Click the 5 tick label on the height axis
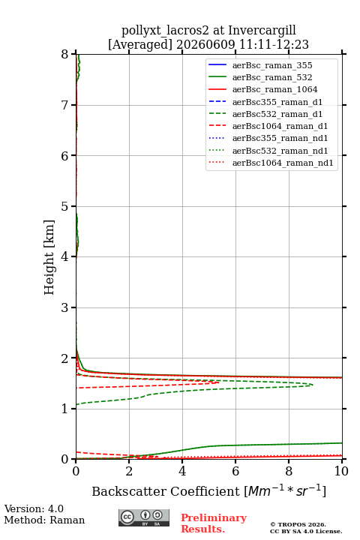65,206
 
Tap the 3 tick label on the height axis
65,307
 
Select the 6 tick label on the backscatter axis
235,471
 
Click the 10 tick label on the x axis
341,471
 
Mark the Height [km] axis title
49,257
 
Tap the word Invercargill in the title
262,30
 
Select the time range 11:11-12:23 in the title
273,44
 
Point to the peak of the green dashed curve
313,385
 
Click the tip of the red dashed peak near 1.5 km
219,382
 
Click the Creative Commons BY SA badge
144,517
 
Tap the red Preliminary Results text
214,523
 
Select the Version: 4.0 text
34,508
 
